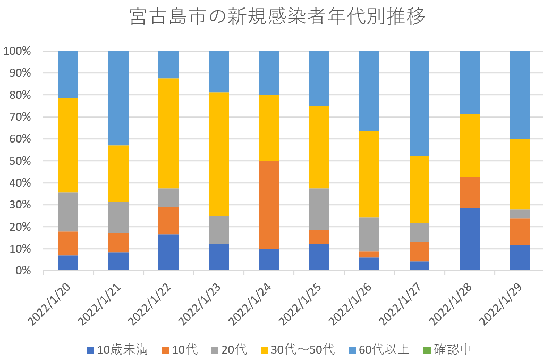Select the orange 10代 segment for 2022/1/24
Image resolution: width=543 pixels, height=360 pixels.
point(269,205)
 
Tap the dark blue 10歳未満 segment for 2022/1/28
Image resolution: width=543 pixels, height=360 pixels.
point(469,239)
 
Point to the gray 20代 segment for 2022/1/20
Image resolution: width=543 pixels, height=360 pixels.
point(68,212)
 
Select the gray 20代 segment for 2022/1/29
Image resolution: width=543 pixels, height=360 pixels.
point(520,214)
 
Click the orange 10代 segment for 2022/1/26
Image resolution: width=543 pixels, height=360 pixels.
point(369,255)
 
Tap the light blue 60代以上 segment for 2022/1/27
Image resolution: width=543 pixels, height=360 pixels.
point(419,103)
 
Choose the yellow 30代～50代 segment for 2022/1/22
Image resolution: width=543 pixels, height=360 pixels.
point(168,133)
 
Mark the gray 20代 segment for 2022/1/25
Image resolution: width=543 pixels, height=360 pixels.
point(319,210)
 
